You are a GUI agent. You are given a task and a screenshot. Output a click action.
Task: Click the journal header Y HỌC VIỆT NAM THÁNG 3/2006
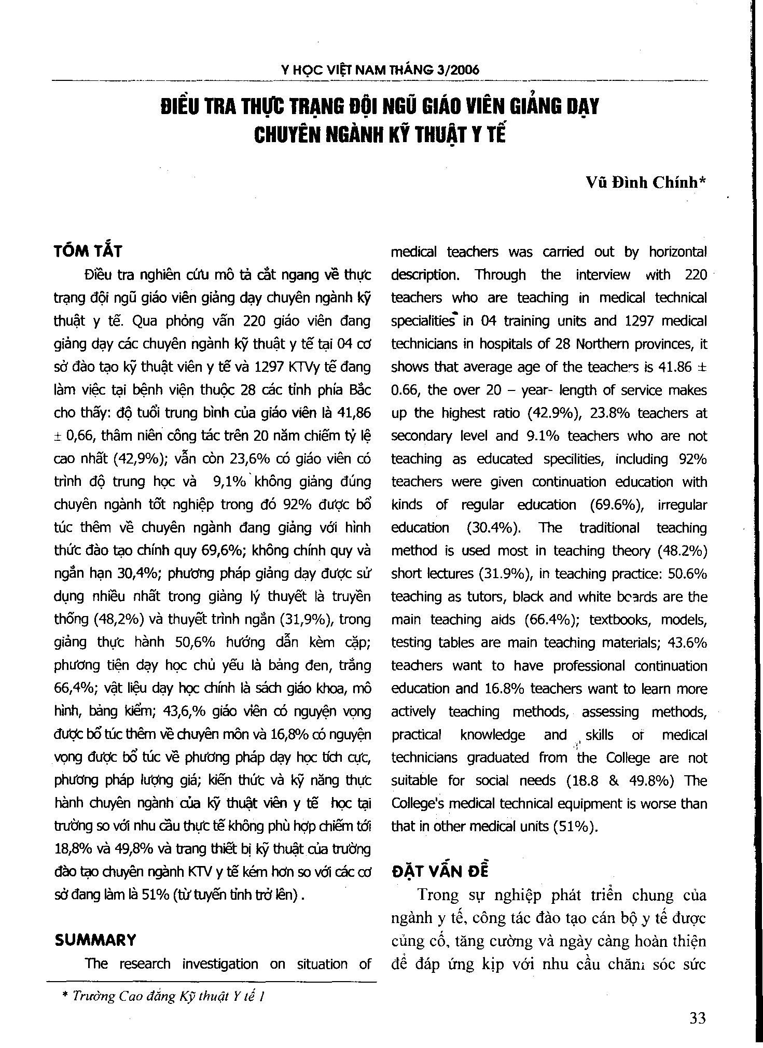coord(380,70)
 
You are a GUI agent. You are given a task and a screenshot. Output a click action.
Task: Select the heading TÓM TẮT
coord(88,251)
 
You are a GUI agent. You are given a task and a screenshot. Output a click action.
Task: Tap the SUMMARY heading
coord(95,940)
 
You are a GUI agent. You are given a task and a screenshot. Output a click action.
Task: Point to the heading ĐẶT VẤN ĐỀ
coord(439,871)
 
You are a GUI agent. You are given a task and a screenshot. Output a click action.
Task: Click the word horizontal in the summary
coord(678,252)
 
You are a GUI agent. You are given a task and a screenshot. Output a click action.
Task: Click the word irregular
coord(682,505)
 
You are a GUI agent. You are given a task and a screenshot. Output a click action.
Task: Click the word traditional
coord(608,528)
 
